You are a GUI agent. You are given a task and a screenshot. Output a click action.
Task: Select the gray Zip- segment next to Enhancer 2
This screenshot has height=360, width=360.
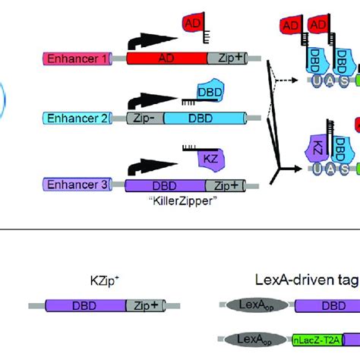point(130,118)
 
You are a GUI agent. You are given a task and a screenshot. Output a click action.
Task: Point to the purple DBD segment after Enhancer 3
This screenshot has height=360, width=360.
point(163,185)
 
